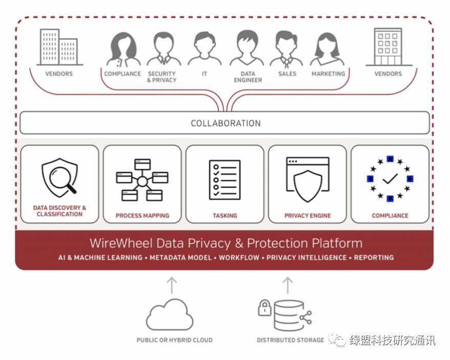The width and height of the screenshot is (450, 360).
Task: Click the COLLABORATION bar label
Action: coord(226,123)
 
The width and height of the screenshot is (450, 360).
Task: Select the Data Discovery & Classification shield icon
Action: coord(59,177)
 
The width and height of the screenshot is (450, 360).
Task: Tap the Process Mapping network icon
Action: coord(142,179)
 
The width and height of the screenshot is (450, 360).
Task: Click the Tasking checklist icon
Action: coord(224,179)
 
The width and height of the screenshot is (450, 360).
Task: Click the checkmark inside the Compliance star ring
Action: coord(390,178)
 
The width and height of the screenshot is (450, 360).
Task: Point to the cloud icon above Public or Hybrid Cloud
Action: coord(170,315)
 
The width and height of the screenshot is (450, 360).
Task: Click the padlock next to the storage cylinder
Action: coord(264,308)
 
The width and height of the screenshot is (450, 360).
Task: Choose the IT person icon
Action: coord(204,48)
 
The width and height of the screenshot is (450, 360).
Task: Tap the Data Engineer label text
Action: coord(248,77)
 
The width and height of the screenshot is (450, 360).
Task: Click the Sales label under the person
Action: coord(287,74)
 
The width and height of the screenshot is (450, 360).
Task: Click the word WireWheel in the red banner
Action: coord(119,243)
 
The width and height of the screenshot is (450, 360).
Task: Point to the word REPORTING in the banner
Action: coord(374,257)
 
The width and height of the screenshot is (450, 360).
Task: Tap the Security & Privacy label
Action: coord(161,77)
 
